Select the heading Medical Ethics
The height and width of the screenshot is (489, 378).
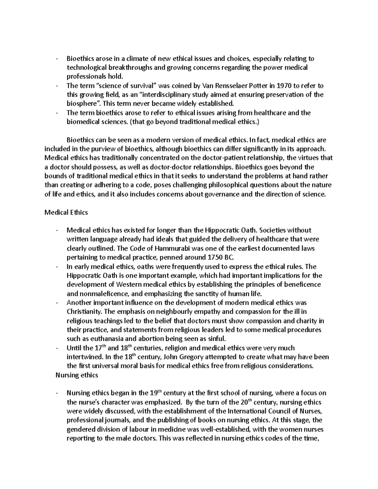66,212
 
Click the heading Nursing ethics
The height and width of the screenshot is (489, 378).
77,375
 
